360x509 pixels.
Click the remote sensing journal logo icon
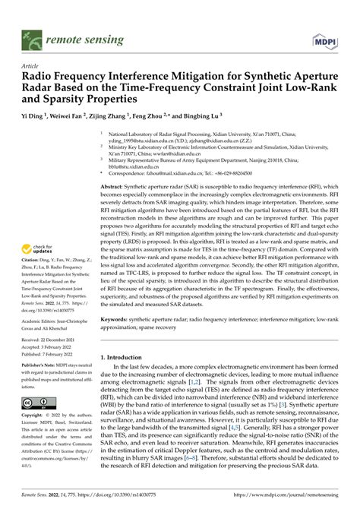pyautogui.click(x=33, y=36)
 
